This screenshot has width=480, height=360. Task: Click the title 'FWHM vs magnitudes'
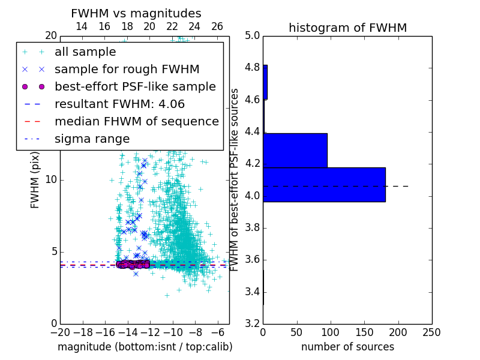[x=136, y=13]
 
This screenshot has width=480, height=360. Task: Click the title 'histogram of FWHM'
[x=347, y=28]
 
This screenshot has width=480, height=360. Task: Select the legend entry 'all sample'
[x=85, y=52]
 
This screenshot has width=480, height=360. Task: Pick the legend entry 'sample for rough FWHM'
[x=127, y=69]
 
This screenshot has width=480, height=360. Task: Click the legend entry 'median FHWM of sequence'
[x=136, y=121]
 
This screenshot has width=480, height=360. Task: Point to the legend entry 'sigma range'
[x=92, y=139]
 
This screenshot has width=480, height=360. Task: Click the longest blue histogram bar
[x=324, y=184]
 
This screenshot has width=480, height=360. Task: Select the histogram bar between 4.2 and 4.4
[x=295, y=150]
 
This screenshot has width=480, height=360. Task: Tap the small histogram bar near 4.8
[x=265, y=82]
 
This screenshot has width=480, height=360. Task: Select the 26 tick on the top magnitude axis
[x=217, y=26]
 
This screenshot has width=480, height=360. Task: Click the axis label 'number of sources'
[x=347, y=347]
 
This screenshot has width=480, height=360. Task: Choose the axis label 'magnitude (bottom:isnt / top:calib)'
[x=145, y=347]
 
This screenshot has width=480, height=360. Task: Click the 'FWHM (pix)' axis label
[x=35, y=179]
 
